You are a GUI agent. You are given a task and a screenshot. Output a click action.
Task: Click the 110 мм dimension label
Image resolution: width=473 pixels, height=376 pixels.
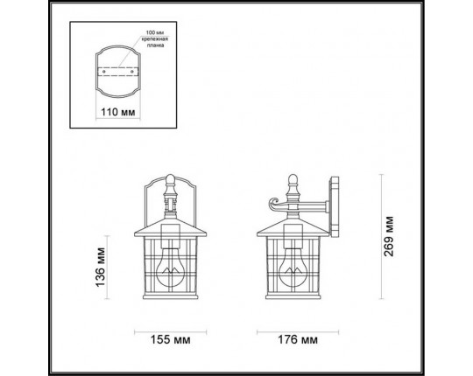point(116,114)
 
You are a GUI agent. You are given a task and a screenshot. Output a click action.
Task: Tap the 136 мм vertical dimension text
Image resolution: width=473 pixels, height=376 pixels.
point(102,266)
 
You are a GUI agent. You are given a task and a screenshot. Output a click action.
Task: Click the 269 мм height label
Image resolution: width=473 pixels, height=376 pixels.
point(391,233)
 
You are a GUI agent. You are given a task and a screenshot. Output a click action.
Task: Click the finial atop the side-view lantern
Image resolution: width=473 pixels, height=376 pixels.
point(292,185)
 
